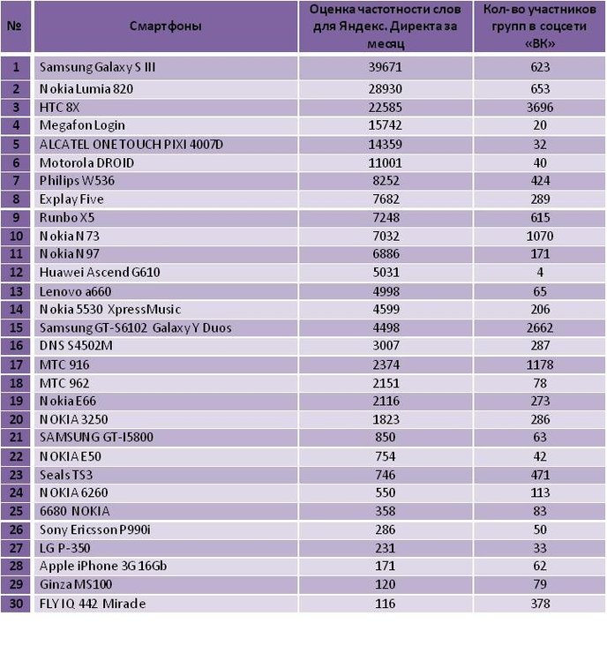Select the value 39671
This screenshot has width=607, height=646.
coord(385,67)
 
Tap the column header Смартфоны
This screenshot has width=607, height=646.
coord(166,26)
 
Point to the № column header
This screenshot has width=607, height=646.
coord(15,26)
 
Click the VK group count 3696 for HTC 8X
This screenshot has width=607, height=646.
coord(540,108)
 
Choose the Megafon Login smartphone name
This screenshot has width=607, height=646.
coord(82,125)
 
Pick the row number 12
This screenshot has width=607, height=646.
coord(16,273)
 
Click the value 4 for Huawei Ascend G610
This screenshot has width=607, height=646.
coord(540,273)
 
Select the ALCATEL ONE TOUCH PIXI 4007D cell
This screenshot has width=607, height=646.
coord(131,145)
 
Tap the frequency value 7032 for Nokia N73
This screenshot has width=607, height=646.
coord(386,236)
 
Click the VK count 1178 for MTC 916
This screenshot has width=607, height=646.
coord(540,365)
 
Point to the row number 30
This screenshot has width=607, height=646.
coord(16,604)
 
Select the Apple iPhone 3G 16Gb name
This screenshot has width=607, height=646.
coord(103,566)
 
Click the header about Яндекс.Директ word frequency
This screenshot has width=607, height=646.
coord(385,26)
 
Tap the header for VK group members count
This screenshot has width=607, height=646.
coord(540,26)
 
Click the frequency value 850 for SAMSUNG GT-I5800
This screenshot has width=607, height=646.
coord(385,437)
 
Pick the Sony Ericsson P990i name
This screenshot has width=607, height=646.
coord(95,530)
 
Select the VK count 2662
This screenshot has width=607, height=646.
coord(540,328)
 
